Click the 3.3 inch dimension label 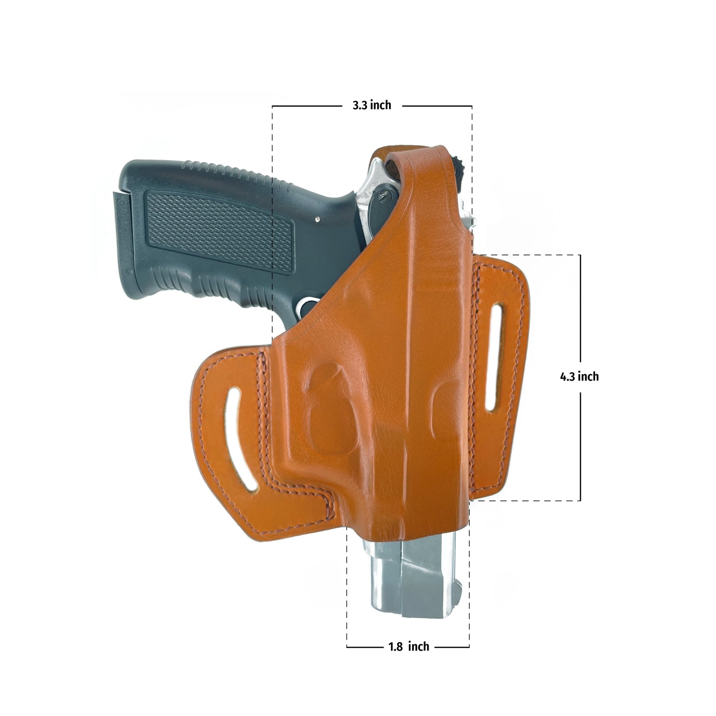click(372, 105)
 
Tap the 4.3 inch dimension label click(579, 377)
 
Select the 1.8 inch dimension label click(409, 647)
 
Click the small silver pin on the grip click(317, 219)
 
